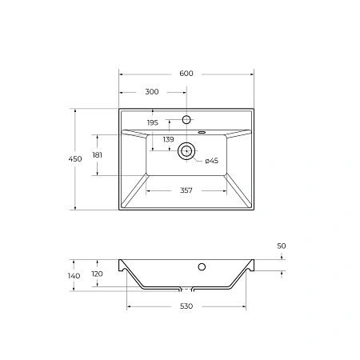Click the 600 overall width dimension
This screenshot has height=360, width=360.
tap(186, 74)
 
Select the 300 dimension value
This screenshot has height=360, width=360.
tap(152, 92)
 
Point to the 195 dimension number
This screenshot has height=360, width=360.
tap(153, 122)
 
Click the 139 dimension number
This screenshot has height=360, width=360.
tap(168, 140)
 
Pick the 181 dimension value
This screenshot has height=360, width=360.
tap(98, 154)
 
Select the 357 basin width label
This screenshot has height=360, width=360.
tap(186, 190)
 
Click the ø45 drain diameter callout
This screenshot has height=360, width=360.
tap(211, 161)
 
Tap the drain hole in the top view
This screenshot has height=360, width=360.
tap(186, 150)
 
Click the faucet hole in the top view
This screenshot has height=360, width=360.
tap(186, 120)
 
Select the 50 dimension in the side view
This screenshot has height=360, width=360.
tap(282, 246)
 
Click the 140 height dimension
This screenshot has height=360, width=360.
tap(74, 276)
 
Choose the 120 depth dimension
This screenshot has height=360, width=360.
tap(98, 273)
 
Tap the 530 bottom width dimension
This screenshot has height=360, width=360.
tap(186, 306)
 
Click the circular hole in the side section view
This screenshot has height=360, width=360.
tap(202, 266)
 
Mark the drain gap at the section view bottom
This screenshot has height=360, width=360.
tap(186, 288)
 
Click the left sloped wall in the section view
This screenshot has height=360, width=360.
tap(134, 278)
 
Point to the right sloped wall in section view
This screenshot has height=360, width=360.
tap(238, 278)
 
